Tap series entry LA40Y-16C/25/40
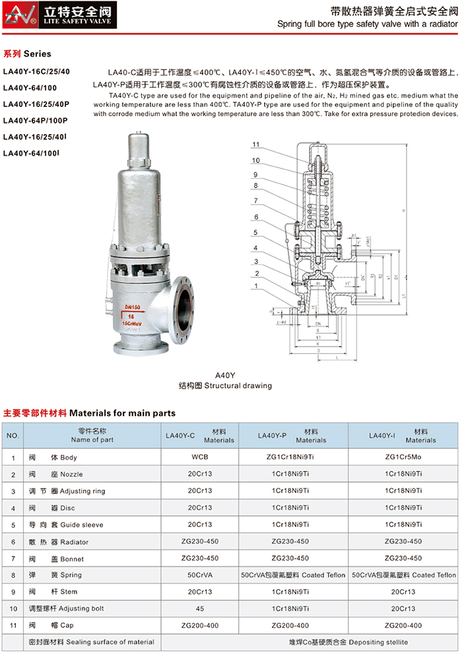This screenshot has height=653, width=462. tap(36, 70)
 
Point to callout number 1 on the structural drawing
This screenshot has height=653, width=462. tap(255, 286)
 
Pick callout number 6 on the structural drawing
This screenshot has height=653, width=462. tap(255, 217)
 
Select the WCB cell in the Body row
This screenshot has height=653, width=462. tap(199, 457)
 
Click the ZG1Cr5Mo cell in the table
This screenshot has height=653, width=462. tap(403, 457)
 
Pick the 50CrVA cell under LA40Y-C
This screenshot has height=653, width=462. tap(199, 575)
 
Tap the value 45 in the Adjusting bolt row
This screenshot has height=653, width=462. tap(199, 608)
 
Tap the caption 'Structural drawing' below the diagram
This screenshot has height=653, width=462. tap(224, 386)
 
